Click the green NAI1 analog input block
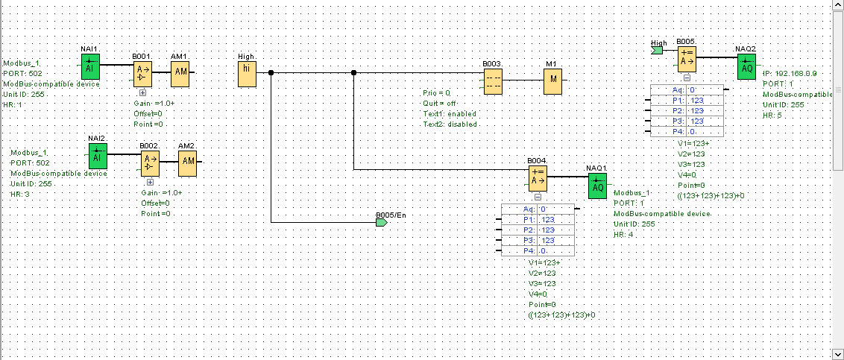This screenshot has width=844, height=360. tap(89, 65)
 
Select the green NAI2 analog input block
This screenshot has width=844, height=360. tap(97, 157)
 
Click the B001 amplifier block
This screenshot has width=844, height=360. tap(142, 73)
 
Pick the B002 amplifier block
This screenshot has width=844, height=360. tap(150, 160)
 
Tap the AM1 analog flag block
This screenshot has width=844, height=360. tap(180, 73)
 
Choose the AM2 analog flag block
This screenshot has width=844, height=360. tap(188, 160)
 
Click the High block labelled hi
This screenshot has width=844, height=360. tap(247, 73)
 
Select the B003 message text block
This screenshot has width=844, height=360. tap(492, 81)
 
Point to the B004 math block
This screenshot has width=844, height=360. tap(538, 178)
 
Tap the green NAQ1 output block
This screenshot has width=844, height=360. tap(597, 186)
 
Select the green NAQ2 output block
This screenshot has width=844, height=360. tap(746, 67)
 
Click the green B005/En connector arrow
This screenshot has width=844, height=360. tap(382, 222)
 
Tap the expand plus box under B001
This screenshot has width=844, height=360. tap(142, 92)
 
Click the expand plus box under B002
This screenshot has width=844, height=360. tap(150, 180)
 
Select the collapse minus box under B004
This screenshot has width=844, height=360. tap(538, 198)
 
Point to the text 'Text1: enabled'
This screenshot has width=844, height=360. tap(450, 113)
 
